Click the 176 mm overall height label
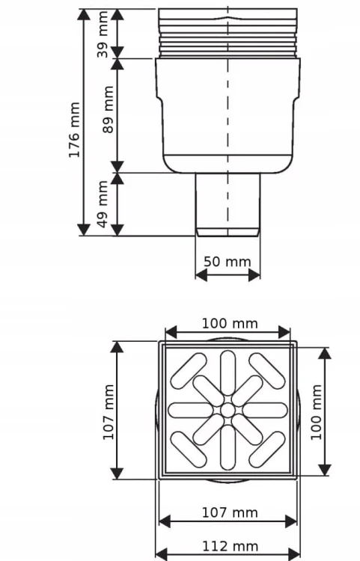click(74, 130)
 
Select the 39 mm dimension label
click(103, 34)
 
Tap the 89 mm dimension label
click(108, 109)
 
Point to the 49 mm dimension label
click(103, 204)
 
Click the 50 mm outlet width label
click(228, 262)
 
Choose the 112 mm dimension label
click(230, 546)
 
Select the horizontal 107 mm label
click(230, 512)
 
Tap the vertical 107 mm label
click(109, 412)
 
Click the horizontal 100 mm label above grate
click(230, 323)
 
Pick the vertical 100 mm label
click(317, 412)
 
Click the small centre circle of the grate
click(228, 410)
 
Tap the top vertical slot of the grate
click(228, 373)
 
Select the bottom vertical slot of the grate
click(228, 447)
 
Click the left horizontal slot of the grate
click(190, 410)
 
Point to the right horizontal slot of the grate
click(265, 410)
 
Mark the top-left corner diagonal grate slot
click(189, 371)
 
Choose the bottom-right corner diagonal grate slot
click(267, 450)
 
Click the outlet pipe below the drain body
click(228, 205)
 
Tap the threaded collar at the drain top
click(228, 33)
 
